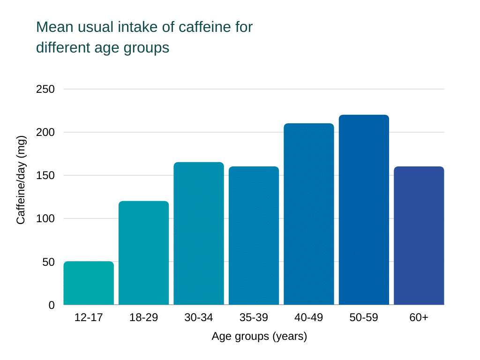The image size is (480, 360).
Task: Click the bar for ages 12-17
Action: pyautogui.click(x=89, y=283)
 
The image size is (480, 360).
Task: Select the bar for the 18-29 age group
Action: pyautogui.click(x=143, y=253)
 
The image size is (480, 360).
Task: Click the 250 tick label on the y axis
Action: pyautogui.click(x=45, y=89)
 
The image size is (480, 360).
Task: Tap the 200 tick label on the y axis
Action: pyautogui.click(x=45, y=132)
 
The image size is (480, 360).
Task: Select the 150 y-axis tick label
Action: pyautogui.click(x=45, y=175)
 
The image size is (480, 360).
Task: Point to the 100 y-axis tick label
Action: pyautogui.click(x=45, y=218)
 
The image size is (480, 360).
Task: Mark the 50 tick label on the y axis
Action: pyautogui.click(x=49, y=262)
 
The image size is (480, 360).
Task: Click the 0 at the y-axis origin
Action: pyautogui.click(x=52, y=305)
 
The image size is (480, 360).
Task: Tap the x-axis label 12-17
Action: pyautogui.click(x=89, y=318)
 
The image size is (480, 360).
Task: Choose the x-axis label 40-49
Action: pyautogui.click(x=308, y=318)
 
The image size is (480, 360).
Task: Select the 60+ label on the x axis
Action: pyautogui.click(x=419, y=318)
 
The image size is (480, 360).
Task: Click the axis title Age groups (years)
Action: pyautogui.click(x=259, y=337)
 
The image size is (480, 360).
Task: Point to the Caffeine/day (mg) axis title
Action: pyautogui.click(x=21, y=180)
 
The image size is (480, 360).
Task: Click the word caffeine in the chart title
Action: pyautogui.click(x=204, y=27)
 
